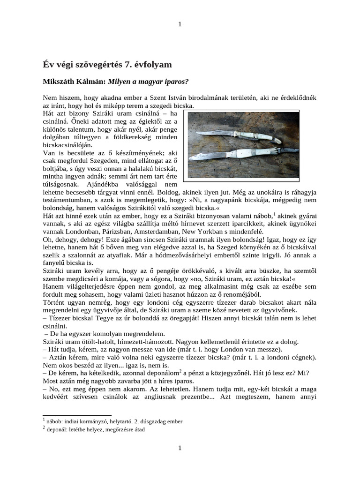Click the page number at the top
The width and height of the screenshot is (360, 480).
[x=180, y=24]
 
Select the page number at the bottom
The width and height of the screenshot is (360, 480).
[x=180, y=448]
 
